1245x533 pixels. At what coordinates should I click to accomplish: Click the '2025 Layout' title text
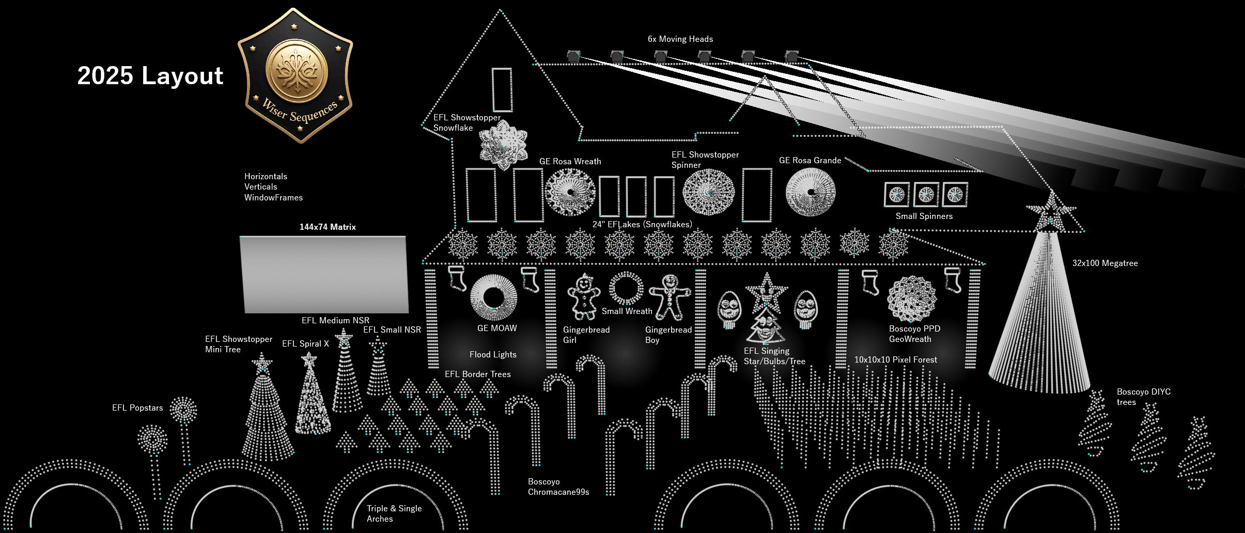pos(150,76)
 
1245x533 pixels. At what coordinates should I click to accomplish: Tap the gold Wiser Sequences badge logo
pos(295,75)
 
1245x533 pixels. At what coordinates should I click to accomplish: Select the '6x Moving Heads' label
pos(680,39)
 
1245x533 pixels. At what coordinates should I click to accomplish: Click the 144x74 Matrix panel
pos(324,274)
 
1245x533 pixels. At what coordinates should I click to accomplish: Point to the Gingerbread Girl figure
pos(584,297)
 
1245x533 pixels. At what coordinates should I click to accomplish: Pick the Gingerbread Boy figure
pos(670,296)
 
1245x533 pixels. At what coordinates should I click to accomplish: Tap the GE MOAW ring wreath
pos(493,297)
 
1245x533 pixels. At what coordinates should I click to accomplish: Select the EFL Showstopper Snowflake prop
pos(503,145)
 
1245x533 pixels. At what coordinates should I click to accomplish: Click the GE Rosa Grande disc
pos(810,192)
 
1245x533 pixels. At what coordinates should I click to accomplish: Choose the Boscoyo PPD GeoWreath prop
pos(911,299)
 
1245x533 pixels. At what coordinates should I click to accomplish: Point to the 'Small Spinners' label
pos(924,216)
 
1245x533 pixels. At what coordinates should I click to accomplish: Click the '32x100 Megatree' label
pos(1104,263)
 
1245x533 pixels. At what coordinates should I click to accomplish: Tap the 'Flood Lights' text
pos(493,355)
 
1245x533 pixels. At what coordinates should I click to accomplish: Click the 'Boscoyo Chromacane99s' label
pos(558,487)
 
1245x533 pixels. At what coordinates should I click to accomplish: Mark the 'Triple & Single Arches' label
pos(394,514)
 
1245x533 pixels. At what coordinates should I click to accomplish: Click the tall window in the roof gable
pos(502,90)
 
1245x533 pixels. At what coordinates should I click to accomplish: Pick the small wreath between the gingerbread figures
pos(626,288)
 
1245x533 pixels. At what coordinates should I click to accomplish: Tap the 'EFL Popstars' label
pos(137,408)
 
